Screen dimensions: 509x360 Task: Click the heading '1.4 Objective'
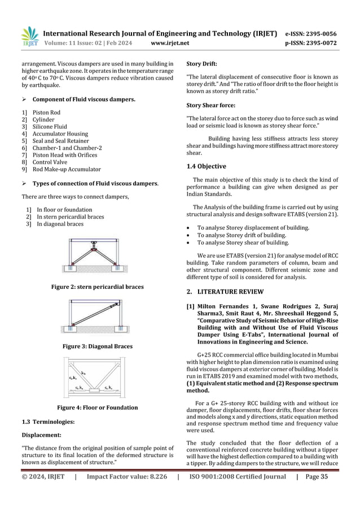click(206, 166)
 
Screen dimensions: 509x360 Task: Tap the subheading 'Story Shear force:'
click(210, 105)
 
